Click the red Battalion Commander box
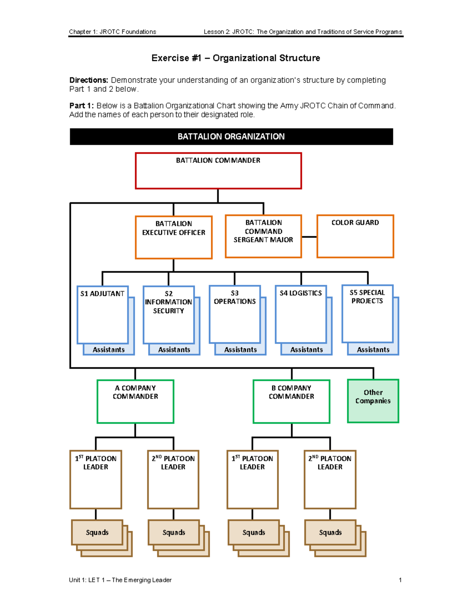click(218, 171)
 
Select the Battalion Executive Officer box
click(173, 237)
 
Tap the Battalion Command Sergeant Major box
click(263, 236)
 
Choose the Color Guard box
click(355, 236)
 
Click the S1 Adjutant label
click(102, 294)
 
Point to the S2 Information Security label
click(168, 302)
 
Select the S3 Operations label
click(235, 297)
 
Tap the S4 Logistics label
click(301, 293)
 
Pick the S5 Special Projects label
click(367, 297)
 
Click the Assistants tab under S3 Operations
click(240, 350)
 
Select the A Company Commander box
click(135, 401)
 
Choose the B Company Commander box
click(291, 401)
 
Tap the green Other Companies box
click(373, 401)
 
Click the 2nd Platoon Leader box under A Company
click(173, 479)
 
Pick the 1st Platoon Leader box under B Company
click(253, 479)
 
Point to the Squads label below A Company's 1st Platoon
click(97, 532)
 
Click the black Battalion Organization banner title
click(231, 137)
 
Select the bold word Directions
click(88, 80)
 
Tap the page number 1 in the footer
click(400, 580)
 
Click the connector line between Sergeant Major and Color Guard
click(309, 237)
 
